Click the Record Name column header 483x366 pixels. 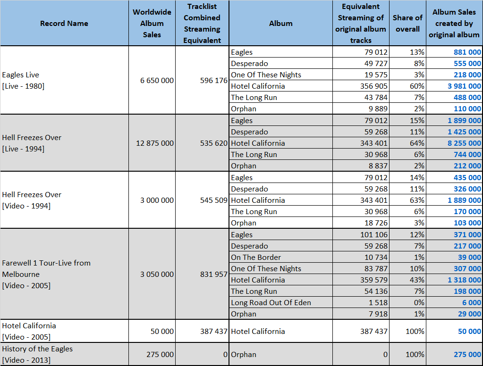[x=64, y=24]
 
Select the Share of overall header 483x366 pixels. [x=407, y=24]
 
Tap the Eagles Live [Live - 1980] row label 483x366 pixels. [x=23, y=80]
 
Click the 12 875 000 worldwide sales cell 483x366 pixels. [x=155, y=143]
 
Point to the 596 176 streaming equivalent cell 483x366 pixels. [x=213, y=80]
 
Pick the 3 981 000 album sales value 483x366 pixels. [x=464, y=86]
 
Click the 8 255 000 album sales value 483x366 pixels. [x=464, y=143]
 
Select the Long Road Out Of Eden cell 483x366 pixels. [x=271, y=303]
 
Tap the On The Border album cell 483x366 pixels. [x=256, y=258]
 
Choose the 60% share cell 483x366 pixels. [x=417, y=86]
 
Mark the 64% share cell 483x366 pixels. [x=417, y=143]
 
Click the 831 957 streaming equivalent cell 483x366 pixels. [x=213, y=274]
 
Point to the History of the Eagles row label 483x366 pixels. [x=37, y=354]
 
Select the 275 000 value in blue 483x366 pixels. [x=467, y=354]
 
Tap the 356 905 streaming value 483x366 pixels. [x=373, y=86]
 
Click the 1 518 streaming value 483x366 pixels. [x=378, y=303]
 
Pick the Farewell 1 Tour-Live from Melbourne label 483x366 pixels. [x=46, y=274]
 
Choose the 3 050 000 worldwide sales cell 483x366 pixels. [x=157, y=274]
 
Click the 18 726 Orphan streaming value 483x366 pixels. [x=376, y=223]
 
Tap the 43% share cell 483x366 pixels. [x=417, y=280]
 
